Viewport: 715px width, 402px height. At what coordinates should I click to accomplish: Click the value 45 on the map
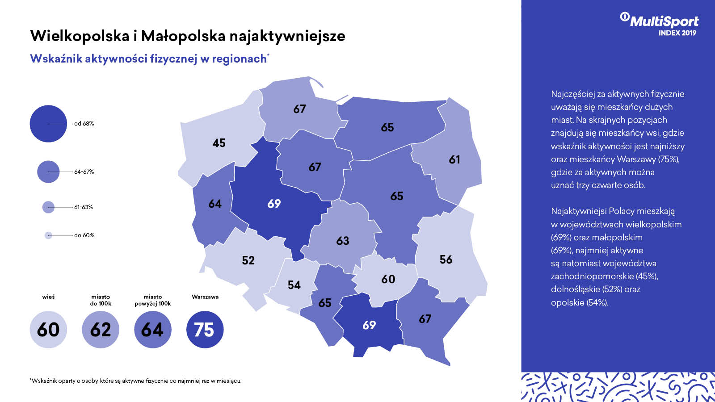pos(219,143)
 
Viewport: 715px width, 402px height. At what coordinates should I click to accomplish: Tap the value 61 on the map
pos(454,159)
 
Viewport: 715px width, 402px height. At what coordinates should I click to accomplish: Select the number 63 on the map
pos(343,241)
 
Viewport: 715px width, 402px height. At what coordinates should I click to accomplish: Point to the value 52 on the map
pos(248,260)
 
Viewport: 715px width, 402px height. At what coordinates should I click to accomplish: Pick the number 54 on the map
pos(294,285)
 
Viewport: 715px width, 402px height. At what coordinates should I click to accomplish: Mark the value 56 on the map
pos(446,260)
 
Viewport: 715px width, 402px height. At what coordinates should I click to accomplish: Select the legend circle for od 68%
pos(48,124)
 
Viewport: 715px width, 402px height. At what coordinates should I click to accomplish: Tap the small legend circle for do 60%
pos(48,235)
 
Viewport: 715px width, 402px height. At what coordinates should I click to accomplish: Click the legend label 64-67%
pos(84,172)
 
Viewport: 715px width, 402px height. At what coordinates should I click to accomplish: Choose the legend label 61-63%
pos(84,207)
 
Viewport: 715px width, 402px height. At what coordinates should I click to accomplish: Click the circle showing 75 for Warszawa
pos(205,330)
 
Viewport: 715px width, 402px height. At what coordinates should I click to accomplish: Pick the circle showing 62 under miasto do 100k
pos(101,330)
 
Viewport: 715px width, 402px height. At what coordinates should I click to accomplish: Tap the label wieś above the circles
pos(48,297)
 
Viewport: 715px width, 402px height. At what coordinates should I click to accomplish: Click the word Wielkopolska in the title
pos(80,36)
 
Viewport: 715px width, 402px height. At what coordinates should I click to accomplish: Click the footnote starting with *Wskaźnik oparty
pos(135,381)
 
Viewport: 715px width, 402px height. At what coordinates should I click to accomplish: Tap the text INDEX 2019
pos(677,33)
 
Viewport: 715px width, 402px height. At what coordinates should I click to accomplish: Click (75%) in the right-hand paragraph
pos(669,159)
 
